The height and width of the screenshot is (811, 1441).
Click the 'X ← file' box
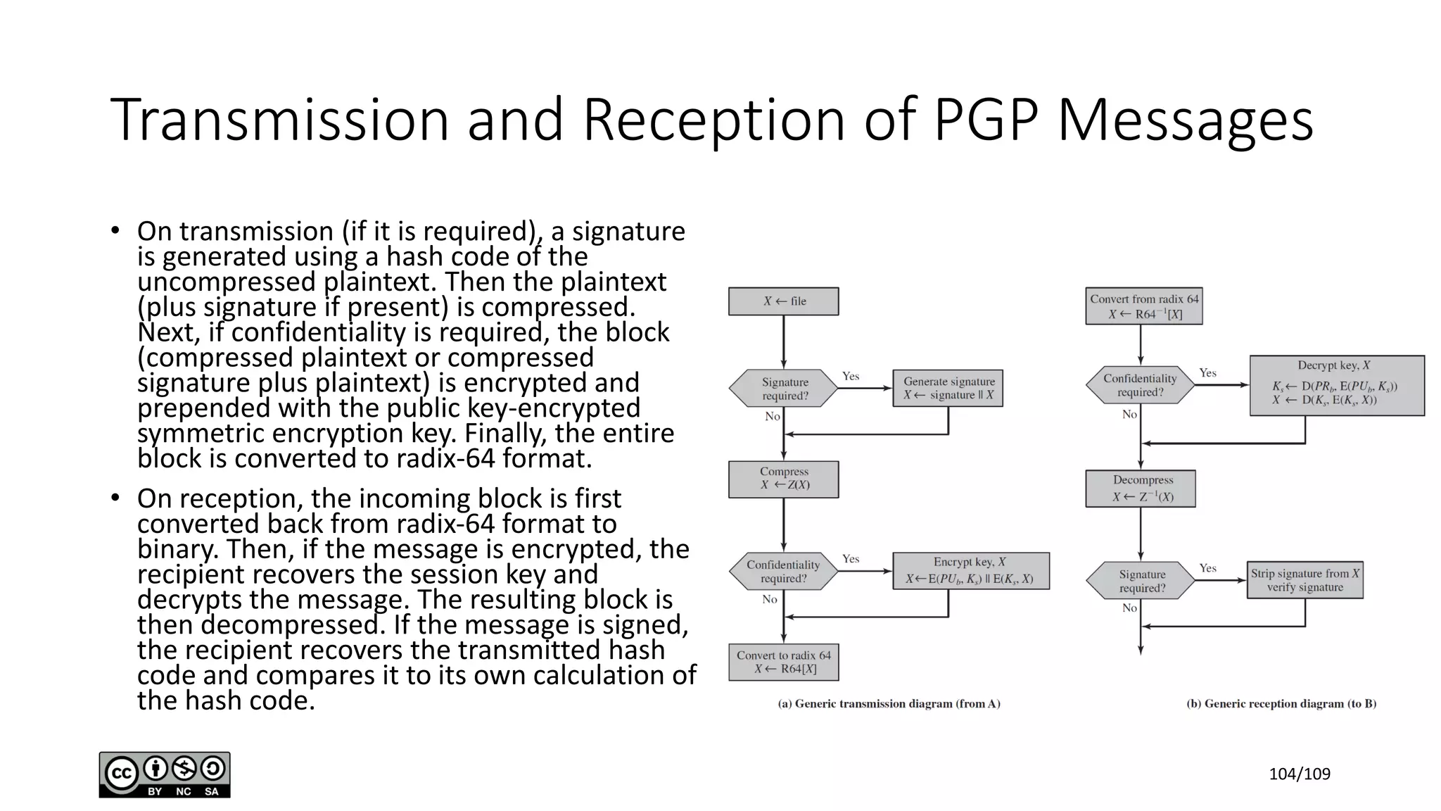pyautogui.click(x=783, y=301)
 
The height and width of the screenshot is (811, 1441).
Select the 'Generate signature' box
pyautogui.click(x=948, y=388)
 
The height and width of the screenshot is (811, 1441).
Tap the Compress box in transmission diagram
pyautogui.click(x=783, y=479)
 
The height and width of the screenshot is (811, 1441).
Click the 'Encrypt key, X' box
pyautogui.click(x=970, y=571)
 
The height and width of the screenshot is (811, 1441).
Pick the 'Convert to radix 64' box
pyautogui.click(x=783, y=662)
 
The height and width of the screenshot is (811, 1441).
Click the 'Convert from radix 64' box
pyautogui.click(x=1143, y=306)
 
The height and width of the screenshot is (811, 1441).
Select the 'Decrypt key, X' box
pyautogui.click(x=1336, y=385)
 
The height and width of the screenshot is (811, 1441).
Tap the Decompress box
pyautogui.click(x=1140, y=489)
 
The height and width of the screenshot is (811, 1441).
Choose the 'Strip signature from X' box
pyautogui.click(x=1304, y=580)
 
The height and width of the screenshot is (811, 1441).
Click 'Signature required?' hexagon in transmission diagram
pyautogui.click(x=783, y=389)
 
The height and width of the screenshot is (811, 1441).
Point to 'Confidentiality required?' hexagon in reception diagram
pyautogui.click(x=1140, y=385)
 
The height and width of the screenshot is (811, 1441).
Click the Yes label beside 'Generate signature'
pyautogui.click(x=851, y=376)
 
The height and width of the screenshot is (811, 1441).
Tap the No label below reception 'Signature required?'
pyautogui.click(x=1129, y=608)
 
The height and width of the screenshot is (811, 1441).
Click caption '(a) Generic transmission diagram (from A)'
pyautogui.click(x=889, y=703)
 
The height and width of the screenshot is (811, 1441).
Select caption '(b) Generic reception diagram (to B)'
pyautogui.click(x=1281, y=703)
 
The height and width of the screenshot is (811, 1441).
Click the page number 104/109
pyautogui.click(x=1299, y=774)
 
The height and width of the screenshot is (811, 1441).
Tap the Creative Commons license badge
pyautogui.click(x=165, y=774)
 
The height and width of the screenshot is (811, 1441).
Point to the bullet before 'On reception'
pyautogui.click(x=115, y=498)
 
